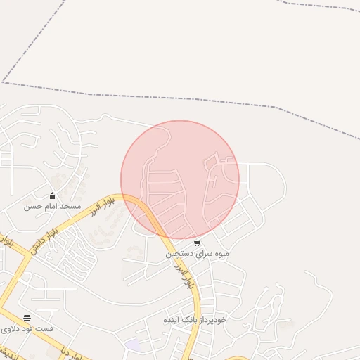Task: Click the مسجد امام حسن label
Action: coord(53,206)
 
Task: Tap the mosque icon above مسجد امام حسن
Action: coord(52,195)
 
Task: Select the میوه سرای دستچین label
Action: coord(198,253)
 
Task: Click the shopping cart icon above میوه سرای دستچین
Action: coord(197,243)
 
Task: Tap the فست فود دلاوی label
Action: coord(26,329)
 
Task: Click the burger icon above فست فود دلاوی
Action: coord(27,319)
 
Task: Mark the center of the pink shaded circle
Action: coord(180,180)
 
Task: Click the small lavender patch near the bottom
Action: coord(132,345)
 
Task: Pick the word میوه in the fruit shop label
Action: coord(221,253)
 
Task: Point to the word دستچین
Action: coord(179,253)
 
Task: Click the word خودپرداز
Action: coord(215,319)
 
